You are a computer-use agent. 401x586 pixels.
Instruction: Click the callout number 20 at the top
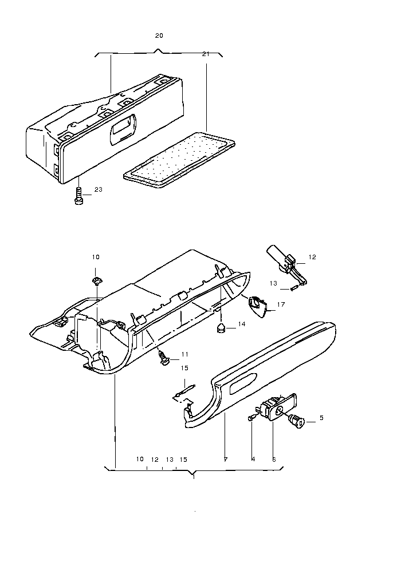(159, 35)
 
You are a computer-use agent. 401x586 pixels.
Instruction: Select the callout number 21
(206, 54)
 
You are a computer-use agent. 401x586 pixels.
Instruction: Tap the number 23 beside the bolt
(98, 189)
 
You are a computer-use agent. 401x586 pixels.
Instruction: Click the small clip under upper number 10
(96, 280)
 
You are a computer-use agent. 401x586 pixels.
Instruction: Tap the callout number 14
(242, 324)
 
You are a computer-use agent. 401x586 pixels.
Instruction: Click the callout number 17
(281, 305)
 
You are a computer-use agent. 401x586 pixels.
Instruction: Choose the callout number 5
(321, 418)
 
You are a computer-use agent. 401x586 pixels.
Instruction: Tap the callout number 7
(226, 459)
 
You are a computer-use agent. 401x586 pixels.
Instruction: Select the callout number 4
(253, 459)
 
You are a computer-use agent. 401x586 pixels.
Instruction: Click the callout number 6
(274, 459)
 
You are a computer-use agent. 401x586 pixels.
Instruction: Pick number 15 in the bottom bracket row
(183, 459)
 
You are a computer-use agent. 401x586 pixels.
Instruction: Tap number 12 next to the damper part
(312, 257)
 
